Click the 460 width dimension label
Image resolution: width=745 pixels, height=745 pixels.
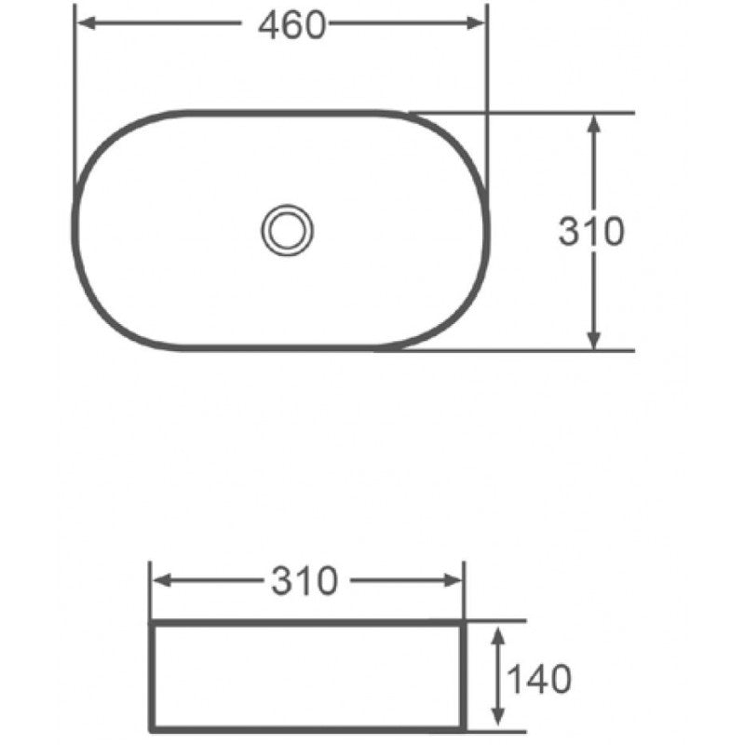292,27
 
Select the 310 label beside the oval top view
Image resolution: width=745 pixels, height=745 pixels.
590,231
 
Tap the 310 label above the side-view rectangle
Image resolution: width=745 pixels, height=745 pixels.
305,582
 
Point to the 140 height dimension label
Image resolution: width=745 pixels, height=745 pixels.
537,679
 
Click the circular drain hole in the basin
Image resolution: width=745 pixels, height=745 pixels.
288,229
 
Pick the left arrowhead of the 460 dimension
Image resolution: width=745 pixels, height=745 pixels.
84,26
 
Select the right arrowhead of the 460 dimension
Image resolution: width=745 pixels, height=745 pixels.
478,26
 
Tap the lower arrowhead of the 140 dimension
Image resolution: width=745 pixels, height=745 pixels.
498,718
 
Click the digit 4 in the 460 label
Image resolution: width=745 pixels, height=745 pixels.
271,27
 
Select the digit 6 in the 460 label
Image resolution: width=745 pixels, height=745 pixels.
292,27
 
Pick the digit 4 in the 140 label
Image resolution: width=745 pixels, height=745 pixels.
537,679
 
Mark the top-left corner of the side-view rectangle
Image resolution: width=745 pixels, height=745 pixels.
151,622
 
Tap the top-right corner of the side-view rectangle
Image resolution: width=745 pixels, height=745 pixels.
462,622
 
